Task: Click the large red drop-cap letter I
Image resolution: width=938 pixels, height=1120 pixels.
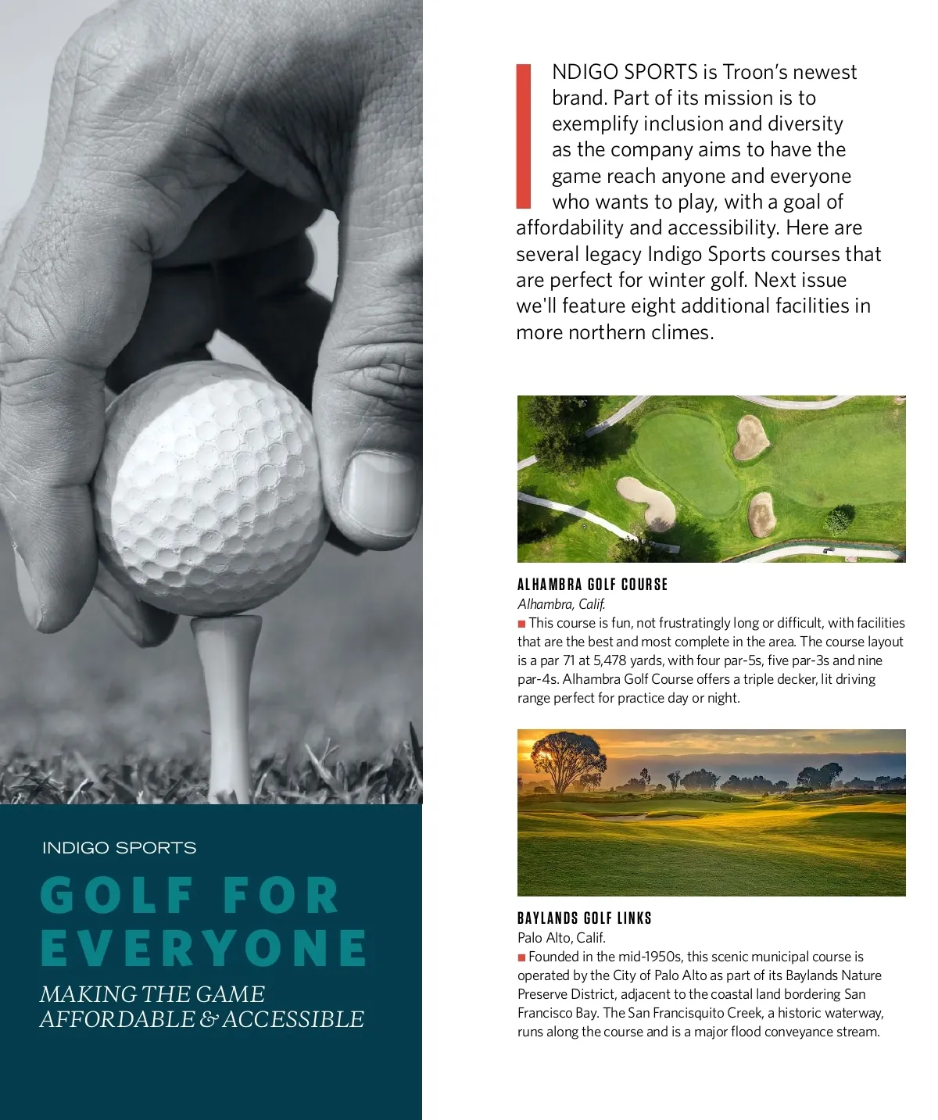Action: coord(524,137)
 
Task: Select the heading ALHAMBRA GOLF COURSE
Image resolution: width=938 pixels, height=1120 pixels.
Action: coord(593,585)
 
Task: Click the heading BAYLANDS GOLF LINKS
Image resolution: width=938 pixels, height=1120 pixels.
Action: coord(584,918)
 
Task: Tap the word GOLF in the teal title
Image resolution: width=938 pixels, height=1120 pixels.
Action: coord(117,896)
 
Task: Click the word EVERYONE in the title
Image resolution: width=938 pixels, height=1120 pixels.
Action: coord(203,948)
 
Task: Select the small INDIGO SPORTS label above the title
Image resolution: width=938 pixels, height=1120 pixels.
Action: coord(119,848)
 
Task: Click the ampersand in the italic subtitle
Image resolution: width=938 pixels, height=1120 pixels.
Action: coord(209,1019)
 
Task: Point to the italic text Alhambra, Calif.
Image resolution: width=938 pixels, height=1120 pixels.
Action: coord(561,604)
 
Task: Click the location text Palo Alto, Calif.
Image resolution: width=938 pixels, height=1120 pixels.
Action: coord(561,938)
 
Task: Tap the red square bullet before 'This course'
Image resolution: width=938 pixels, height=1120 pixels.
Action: coord(521,624)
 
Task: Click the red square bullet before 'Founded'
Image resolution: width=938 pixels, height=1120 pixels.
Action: coord(521,957)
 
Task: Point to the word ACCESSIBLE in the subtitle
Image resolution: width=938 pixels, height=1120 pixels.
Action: coord(293,1019)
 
